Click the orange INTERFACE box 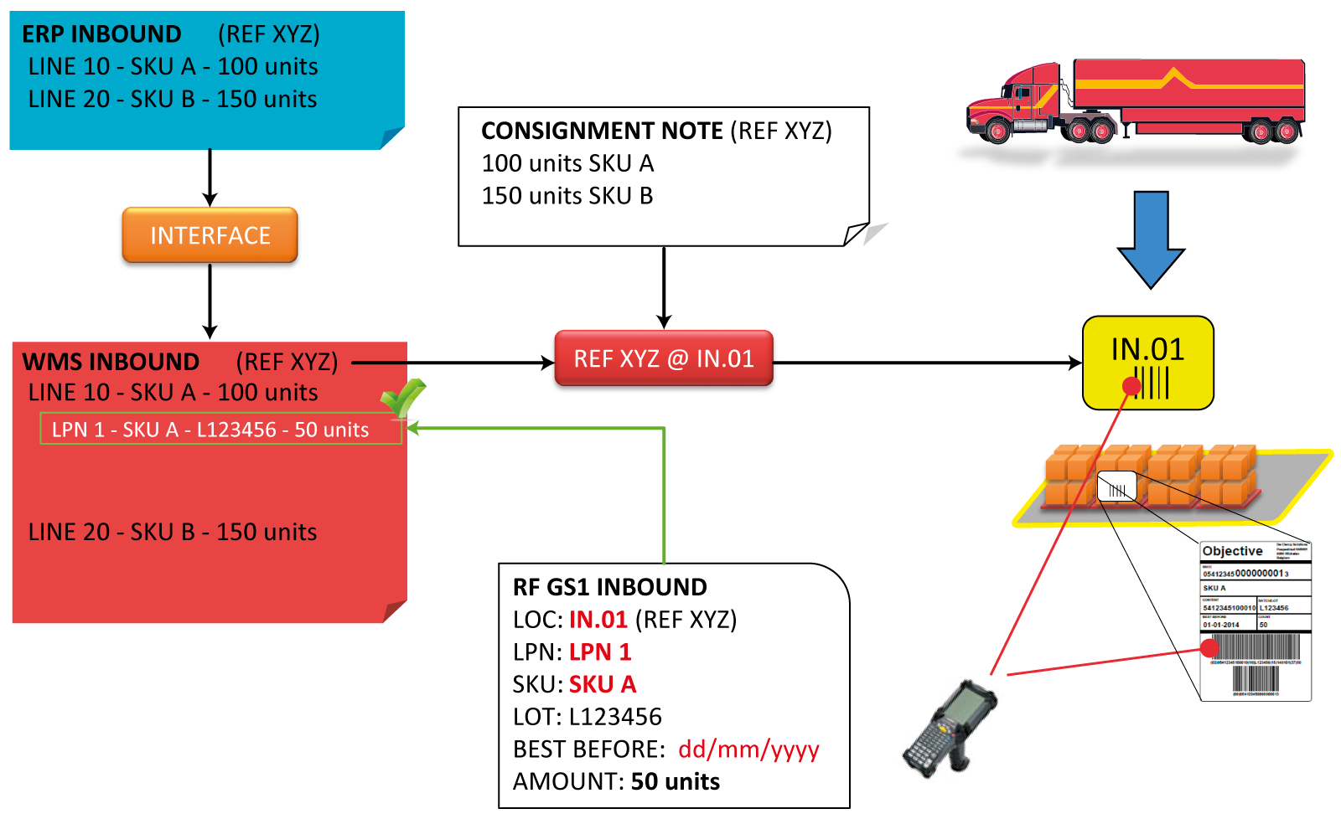[210, 235]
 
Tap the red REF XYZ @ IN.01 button [664, 358]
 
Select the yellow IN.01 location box [1147, 363]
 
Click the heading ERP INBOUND [101, 34]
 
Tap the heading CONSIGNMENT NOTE [602, 131]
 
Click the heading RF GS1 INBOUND [609, 587]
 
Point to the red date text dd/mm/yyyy [748, 749]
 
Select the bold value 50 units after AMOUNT [675, 781]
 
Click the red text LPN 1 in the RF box [599, 652]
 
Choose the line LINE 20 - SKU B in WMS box [173, 532]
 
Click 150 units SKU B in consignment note [567, 196]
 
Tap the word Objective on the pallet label [1232, 551]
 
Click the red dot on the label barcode [1209, 647]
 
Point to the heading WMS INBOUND [111, 362]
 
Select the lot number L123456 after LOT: [615, 717]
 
